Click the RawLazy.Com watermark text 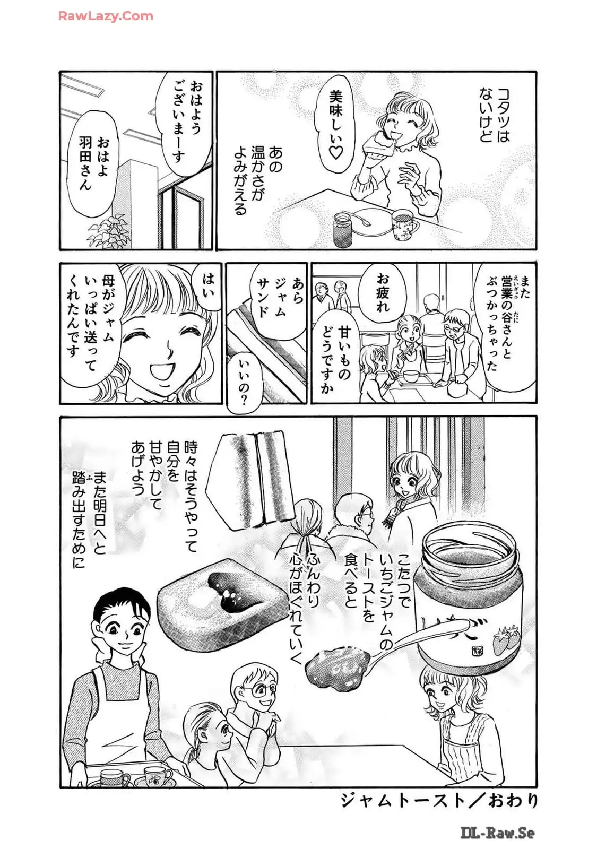105,16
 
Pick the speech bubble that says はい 207,290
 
